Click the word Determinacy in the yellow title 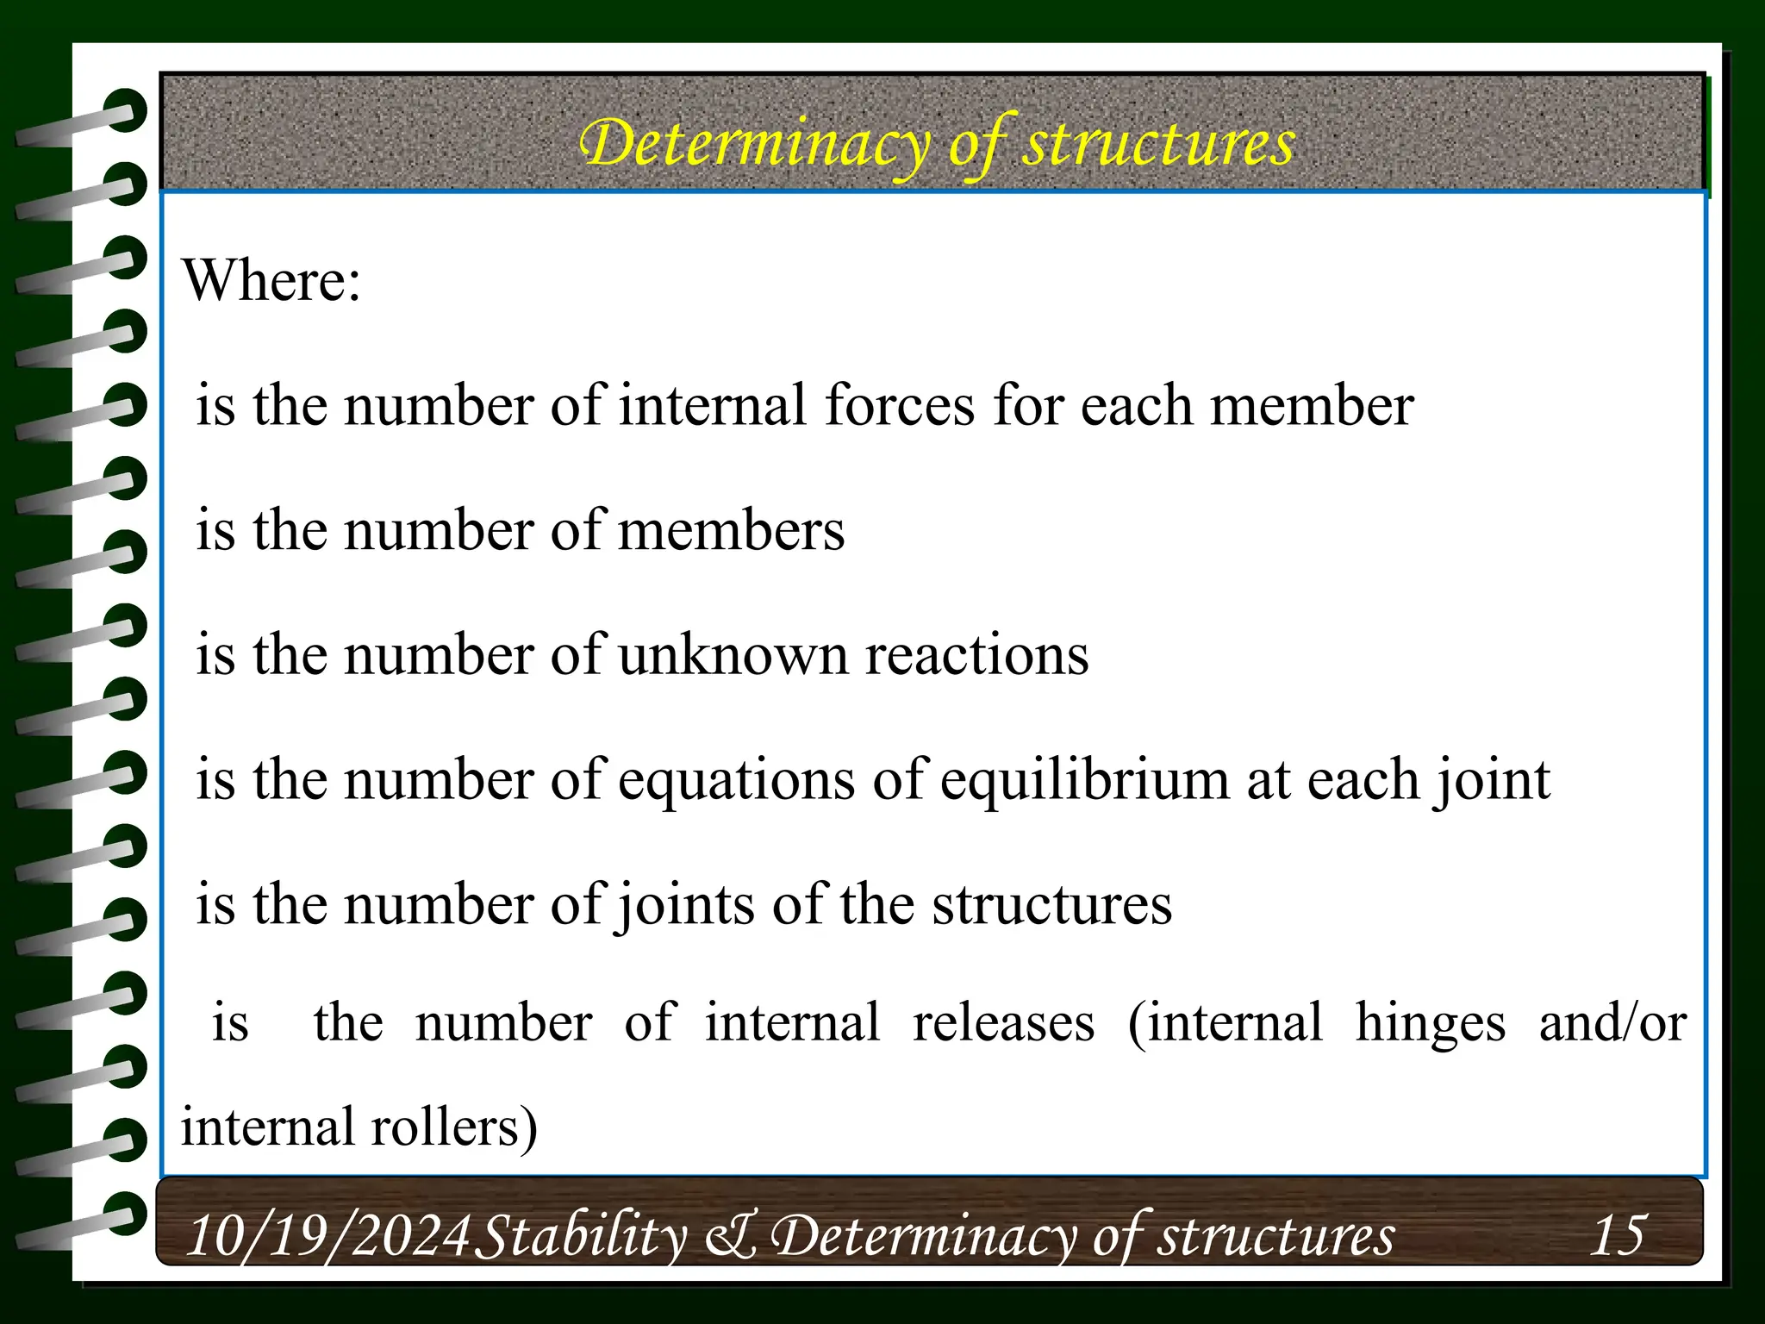tap(755, 143)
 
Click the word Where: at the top tap(271, 281)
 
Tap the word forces tap(900, 405)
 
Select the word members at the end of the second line tap(732, 530)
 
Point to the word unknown tap(733, 655)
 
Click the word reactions tap(977, 655)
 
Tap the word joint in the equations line tap(1492, 780)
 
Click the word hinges tap(1431, 1023)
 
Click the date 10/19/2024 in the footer tap(328, 1235)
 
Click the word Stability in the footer tap(581, 1235)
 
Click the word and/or tap(1612, 1023)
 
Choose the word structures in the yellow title tap(1159, 143)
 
